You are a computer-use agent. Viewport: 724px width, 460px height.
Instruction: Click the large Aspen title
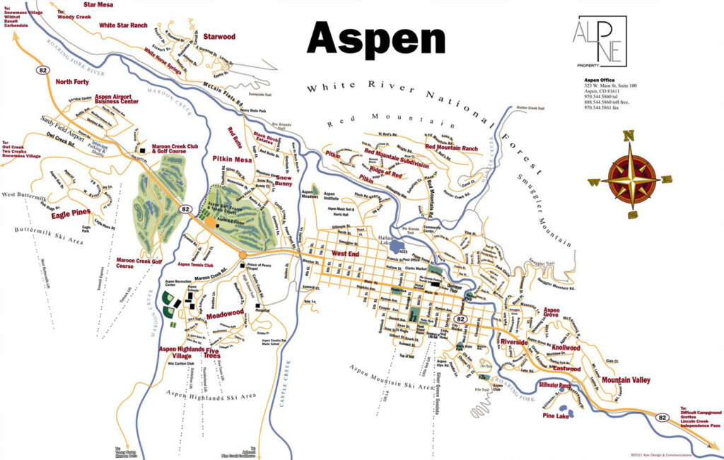tap(376, 37)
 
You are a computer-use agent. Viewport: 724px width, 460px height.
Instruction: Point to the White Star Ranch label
tap(123, 25)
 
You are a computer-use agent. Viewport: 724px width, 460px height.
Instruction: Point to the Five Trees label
tap(211, 352)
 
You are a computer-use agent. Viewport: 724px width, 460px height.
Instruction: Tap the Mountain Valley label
tap(625, 380)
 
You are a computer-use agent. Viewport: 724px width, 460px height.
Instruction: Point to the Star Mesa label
tap(99, 4)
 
